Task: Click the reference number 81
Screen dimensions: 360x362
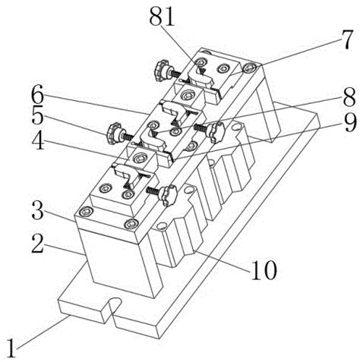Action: coord(162,17)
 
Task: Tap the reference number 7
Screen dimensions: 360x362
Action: coord(346,39)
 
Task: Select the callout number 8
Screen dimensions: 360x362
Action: coord(349,96)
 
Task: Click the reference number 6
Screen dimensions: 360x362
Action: coord(37,96)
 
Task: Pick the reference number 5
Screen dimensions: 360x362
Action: coord(38,117)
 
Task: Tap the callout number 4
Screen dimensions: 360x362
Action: coord(38,141)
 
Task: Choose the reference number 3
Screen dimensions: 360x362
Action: coord(37,212)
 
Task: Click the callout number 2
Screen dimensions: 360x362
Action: coord(38,244)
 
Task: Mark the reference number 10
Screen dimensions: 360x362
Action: coord(264,270)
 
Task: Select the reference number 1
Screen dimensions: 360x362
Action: coord(11,348)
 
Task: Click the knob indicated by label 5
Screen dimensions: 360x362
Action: coord(113,133)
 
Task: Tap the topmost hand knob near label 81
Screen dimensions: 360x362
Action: coord(160,71)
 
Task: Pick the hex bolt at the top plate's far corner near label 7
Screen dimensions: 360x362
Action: coord(248,68)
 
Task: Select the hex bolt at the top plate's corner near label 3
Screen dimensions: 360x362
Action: coord(85,211)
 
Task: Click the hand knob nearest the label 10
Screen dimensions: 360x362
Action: coord(169,195)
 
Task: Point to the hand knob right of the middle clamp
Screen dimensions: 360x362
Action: coord(216,131)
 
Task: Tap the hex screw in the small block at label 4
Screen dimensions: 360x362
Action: coord(140,159)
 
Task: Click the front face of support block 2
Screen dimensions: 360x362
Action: coord(119,263)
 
